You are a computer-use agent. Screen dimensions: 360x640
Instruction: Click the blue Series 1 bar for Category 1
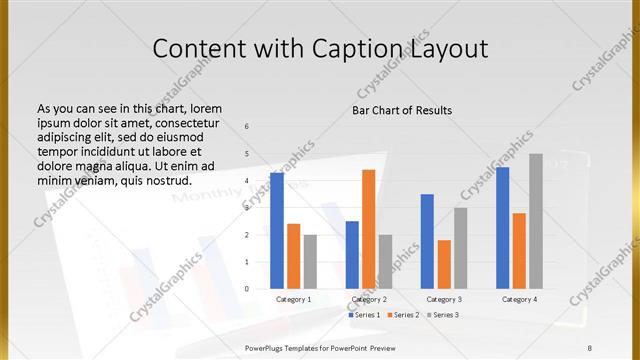[277, 231]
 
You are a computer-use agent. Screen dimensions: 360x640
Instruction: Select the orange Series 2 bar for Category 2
[369, 229]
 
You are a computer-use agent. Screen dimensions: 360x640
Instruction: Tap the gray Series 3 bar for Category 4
[536, 221]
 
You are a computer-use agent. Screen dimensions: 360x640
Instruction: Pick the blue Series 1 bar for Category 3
[427, 241]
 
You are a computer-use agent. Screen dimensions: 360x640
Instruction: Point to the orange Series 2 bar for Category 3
[444, 264]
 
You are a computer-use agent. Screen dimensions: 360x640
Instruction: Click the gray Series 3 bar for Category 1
[310, 262]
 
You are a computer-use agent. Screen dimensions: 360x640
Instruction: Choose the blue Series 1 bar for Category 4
[502, 228]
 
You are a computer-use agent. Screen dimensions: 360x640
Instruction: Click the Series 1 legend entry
[365, 315]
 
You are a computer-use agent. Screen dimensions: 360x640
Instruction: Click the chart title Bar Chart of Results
[402, 109]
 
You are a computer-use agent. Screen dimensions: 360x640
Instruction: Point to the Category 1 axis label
[293, 299]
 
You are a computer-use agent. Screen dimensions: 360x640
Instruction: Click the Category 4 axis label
[518, 299]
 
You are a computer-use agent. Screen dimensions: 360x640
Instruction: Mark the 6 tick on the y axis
[247, 126]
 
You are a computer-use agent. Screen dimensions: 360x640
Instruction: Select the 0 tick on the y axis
[247, 289]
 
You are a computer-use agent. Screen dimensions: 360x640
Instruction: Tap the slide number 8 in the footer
[590, 346]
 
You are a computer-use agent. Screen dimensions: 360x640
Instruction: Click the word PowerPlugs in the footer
[267, 346]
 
